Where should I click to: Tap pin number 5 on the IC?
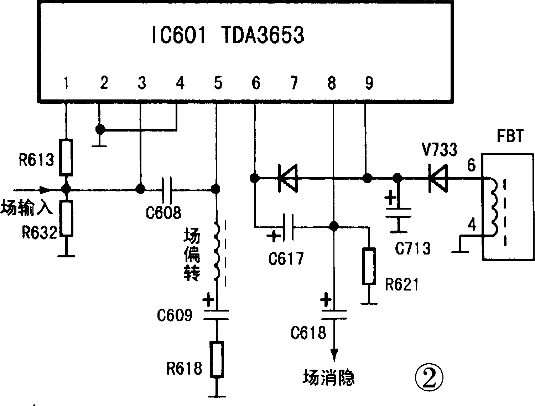click(218, 83)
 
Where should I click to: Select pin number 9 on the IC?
click(369, 83)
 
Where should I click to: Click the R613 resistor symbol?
click(66, 157)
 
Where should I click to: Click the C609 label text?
click(175, 316)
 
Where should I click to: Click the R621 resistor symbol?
click(369, 267)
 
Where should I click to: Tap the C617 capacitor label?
click(286, 258)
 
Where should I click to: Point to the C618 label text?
click(308, 333)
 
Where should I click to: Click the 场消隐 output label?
click(328, 378)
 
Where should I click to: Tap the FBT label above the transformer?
click(510, 137)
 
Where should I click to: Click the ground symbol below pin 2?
click(100, 145)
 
